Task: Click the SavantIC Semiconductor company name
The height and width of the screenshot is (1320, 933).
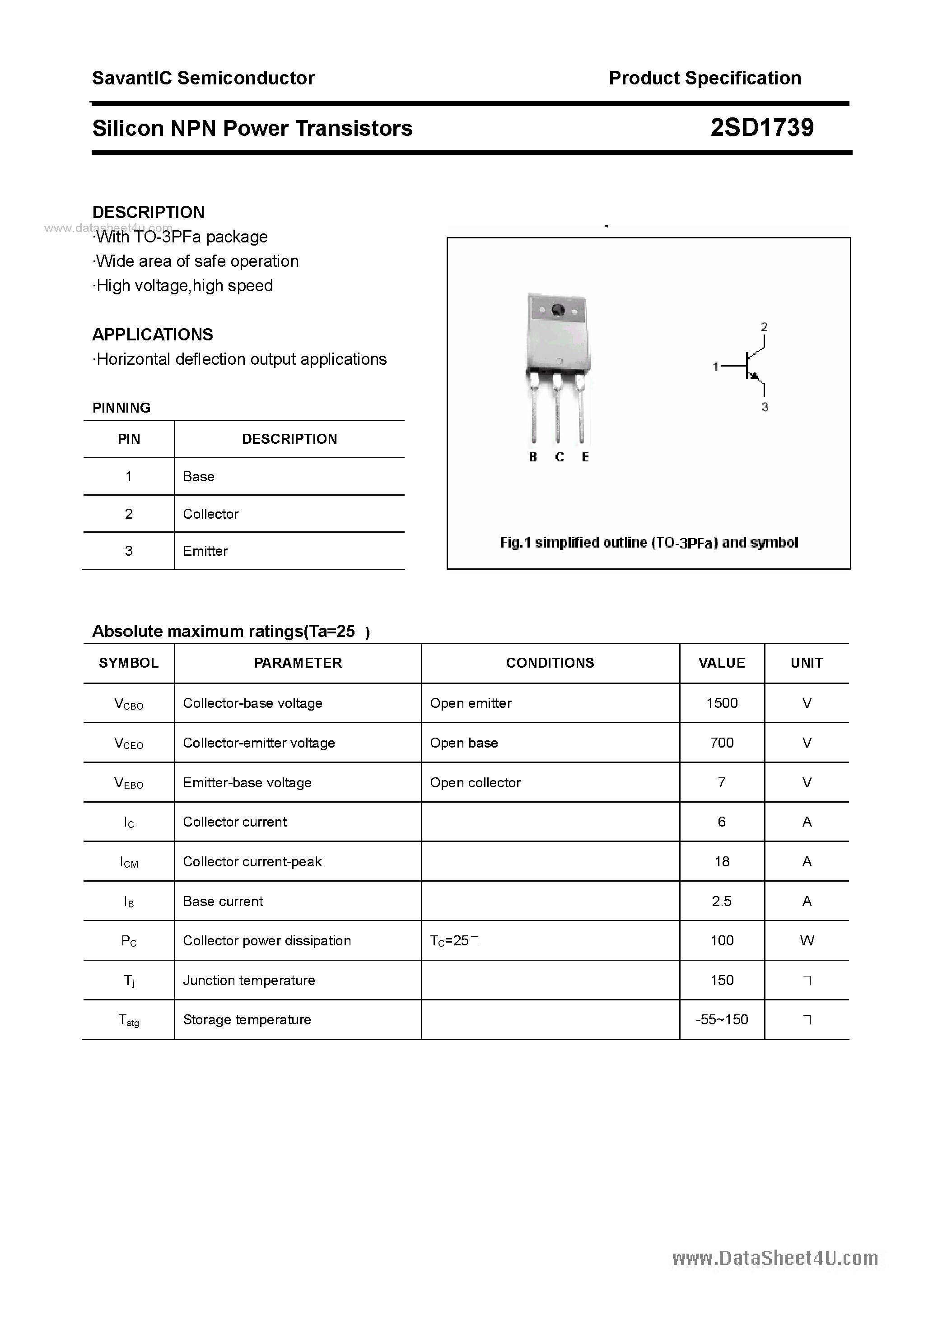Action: point(203,78)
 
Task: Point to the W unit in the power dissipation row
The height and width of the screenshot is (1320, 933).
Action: point(807,940)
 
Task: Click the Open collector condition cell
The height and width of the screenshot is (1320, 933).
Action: point(475,782)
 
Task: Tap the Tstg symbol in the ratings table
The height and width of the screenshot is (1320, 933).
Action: point(129,1020)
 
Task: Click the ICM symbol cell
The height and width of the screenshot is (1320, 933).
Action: point(129,862)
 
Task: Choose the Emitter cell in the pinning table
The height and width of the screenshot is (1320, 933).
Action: point(205,551)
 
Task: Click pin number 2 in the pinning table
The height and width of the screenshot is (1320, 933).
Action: point(129,513)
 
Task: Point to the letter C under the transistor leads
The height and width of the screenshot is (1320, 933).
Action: point(559,457)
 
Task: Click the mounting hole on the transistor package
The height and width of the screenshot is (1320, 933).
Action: point(557,311)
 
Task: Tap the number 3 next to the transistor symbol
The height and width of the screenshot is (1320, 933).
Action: point(765,407)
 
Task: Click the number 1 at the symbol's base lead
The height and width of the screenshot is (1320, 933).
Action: point(715,366)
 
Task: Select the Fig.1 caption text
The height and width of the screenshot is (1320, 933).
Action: point(649,542)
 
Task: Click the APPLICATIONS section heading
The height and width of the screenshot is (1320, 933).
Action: point(153,335)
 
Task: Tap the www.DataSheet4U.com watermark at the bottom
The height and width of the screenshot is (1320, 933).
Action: point(775,1259)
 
